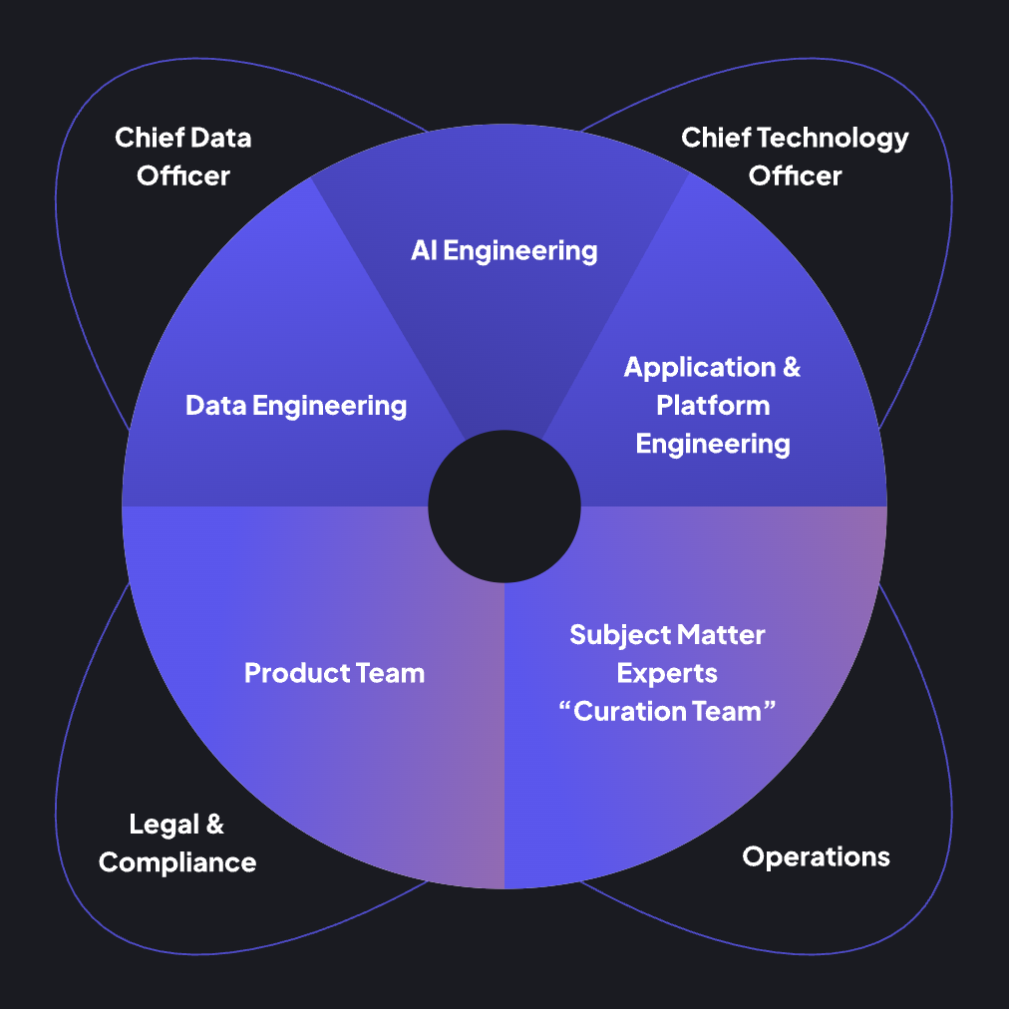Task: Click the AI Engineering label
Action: pyautogui.click(x=504, y=250)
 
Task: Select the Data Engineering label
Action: pyautogui.click(x=296, y=406)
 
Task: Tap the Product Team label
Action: pyautogui.click(x=334, y=673)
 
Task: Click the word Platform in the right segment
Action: pyautogui.click(x=713, y=406)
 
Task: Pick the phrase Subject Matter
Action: pyautogui.click(x=667, y=634)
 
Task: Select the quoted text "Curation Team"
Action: pyautogui.click(x=667, y=711)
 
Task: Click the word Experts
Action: pyautogui.click(x=667, y=673)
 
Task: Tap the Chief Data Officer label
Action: pyautogui.click(x=183, y=156)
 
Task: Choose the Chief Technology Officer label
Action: pyautogui.click(x=795, y=156)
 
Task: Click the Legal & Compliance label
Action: pyautogui.click(x=177, y=843)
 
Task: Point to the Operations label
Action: pyautogui.click(x=816, y=856)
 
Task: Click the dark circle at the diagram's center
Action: pyautogui.click(x=504, y=506)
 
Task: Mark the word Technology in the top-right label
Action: pyautogui.click(x=834, y=138)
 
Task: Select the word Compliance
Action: pyautogui.click(x=177, y=862)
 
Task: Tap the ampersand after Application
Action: pyautogui.click(x=791, y=368)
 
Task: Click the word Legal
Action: pyautogui.click(x=163, y=825)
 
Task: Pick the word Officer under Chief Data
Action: pyautogui.click(x=183, y=175)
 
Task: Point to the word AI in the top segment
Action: pyautogui.click(x=424, y=250)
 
